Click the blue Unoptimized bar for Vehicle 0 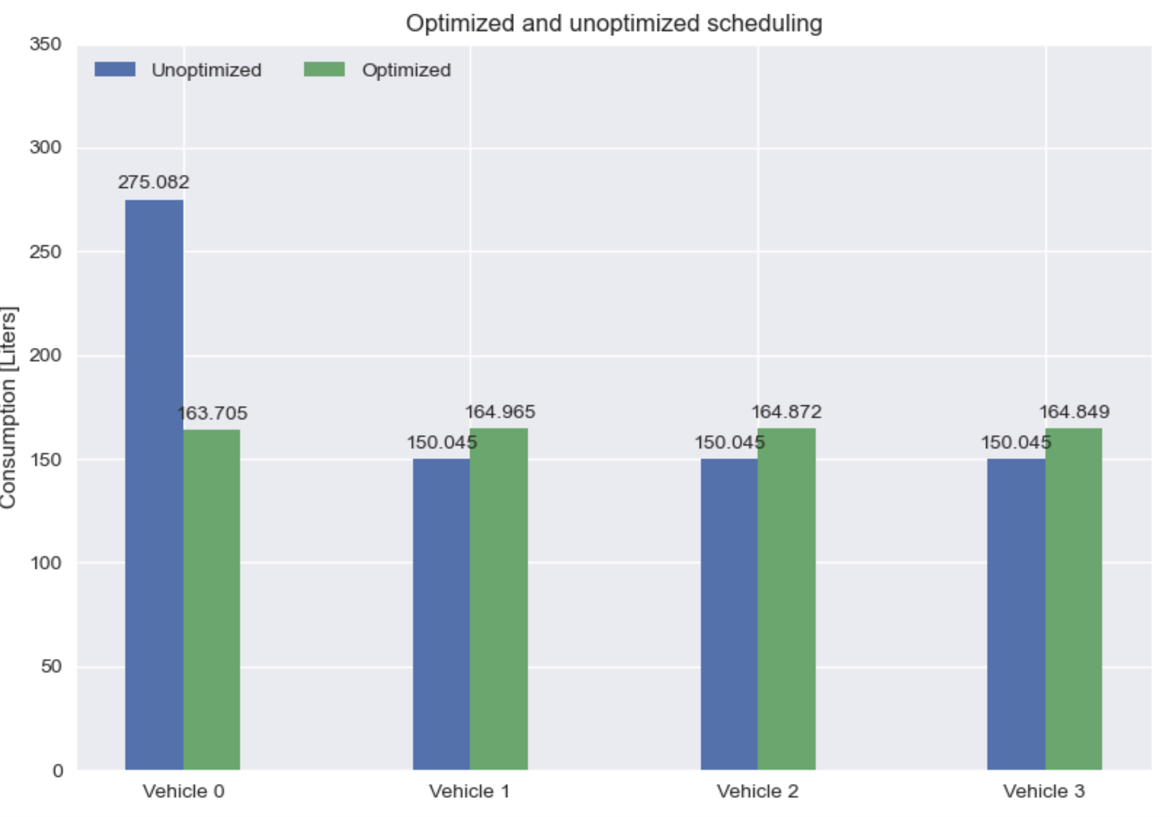154,484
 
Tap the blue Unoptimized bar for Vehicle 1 441,614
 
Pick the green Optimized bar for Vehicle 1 498,599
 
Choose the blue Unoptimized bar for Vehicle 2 729,614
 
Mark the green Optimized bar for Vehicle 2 786,599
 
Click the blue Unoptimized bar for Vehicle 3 1016,614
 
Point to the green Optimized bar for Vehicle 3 1074,599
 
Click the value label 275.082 154,182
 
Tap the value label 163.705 212,413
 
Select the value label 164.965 500,412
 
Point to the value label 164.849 1074,412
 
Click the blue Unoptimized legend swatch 115,69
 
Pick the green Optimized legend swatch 324,69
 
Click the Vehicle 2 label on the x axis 758,792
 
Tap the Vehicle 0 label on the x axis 183,792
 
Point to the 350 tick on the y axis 45,45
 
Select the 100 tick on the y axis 45,563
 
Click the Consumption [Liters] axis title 9,407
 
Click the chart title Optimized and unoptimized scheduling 614,24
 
